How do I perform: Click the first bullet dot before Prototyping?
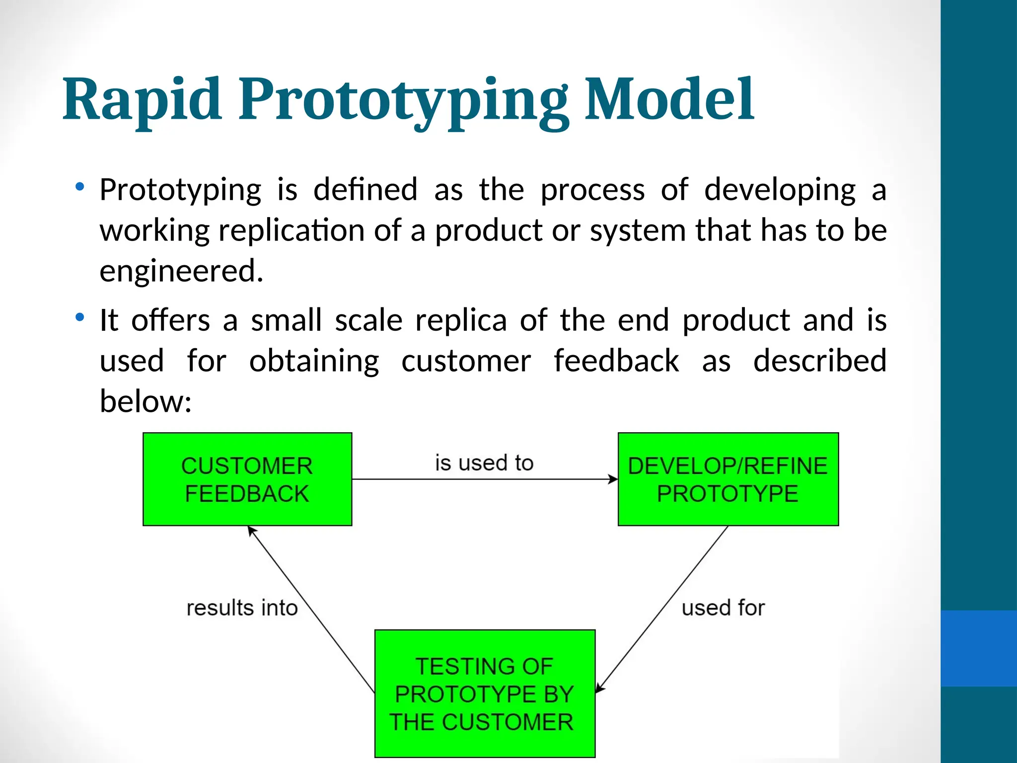[79, 187]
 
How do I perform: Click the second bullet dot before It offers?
[79, 317]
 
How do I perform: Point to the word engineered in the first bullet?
[181, 271]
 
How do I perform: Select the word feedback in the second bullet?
[616, 361]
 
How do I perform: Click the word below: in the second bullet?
[145, 401]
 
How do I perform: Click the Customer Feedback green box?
[247, 479]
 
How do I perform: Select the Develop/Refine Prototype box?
[727, 479]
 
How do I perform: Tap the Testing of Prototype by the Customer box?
[484, 693]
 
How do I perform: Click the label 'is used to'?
[484, 463]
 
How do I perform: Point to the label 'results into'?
[242, 608]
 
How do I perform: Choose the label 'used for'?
[723, 608]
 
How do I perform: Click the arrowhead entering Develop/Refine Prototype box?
[613, 479]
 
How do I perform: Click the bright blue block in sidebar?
[978, 648]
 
